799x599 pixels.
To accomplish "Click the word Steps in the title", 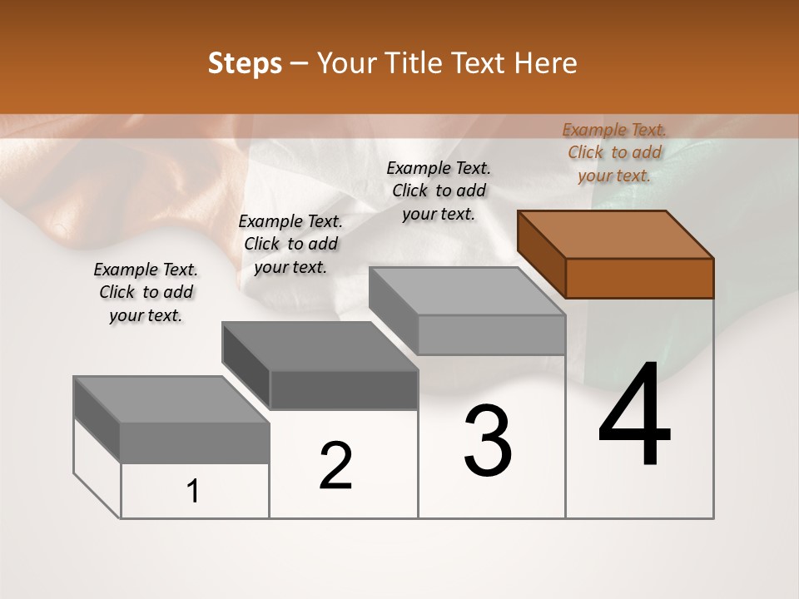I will click(x=245, y=63).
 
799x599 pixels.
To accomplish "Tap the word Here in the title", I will click(x=545, y=63).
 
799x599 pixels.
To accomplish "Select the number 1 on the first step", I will click(x=193, y=492).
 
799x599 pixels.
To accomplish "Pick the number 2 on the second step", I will click(x=335, y=466).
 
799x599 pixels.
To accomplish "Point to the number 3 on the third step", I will click(x=488, y=441).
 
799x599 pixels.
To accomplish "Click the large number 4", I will click(x=634, y=417).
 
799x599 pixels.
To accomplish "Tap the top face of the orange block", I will click(x=616, y=235).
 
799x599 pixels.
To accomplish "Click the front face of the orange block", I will click(x=639, y=278).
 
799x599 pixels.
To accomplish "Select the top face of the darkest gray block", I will click(x=320, y=346).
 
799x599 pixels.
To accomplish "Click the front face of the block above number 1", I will click(x=195, y=443).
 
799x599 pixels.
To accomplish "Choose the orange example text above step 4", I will click(x=614, y=152).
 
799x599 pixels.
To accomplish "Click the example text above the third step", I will click(x=439, y=191).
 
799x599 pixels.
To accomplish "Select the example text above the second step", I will click(x=290, y=244).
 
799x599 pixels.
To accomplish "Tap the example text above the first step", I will click(x=146, y=292).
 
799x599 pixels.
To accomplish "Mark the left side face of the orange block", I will click(x=541, y=255).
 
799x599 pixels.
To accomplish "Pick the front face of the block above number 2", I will click(x=344, y=389).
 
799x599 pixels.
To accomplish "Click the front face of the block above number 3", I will click(x=491, y=335).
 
